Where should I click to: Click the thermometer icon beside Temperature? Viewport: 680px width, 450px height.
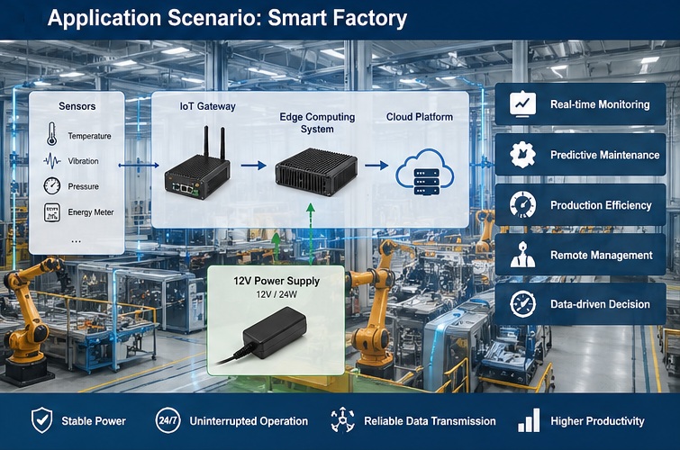click(x=51, y=136)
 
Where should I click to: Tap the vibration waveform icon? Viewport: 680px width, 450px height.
click(x=52, y=161)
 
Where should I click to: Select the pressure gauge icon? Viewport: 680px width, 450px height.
click(x=51, y=186)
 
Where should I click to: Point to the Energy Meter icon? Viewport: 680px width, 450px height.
click(x=52, y=212)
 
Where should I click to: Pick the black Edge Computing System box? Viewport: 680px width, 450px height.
click(x=315, y=168)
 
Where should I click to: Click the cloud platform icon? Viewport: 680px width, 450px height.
click(x=424, y=169)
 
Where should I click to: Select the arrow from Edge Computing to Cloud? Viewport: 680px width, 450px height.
click(x=376, y=166)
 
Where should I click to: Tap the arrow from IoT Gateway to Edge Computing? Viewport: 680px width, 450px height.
click(x=254, y=166)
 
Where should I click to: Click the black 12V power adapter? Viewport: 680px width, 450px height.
click(x=274, y=330)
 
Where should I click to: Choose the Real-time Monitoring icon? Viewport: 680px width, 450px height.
click(x=522, y=104)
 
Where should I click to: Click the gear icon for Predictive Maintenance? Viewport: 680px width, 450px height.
click(x=522, y=155)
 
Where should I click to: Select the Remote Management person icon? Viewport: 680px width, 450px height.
click(x=522, y=255)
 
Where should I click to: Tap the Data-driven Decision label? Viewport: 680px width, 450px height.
click(x=600, y=304)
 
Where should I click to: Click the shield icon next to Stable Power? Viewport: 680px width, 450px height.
click(x=41, y=420)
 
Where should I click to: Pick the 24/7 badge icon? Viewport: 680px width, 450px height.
click(x=168, y=420)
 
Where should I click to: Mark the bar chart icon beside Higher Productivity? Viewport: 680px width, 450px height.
click(x=530, y=420)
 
